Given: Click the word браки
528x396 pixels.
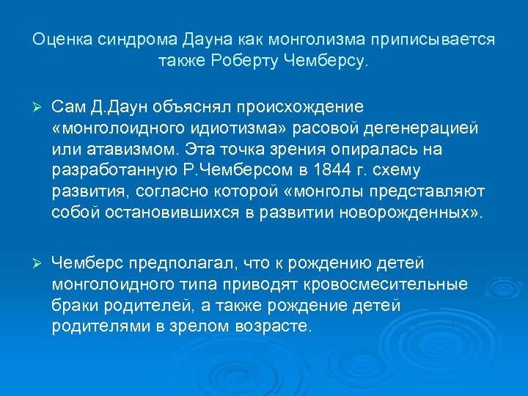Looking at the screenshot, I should (x=73, y=305).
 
